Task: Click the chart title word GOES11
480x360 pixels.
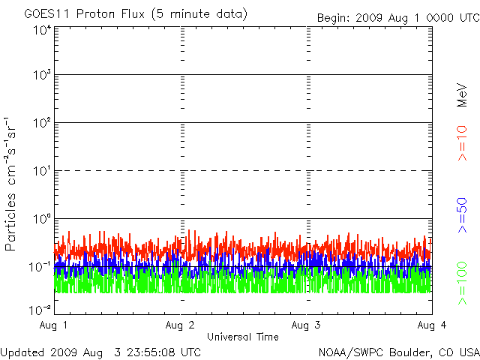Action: click(x=48, y=14)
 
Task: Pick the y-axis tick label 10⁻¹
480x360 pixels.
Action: click(x=40, y=267)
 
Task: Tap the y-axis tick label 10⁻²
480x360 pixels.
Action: click(x=40, y=310)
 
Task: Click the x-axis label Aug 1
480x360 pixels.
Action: click(x=53, y=325)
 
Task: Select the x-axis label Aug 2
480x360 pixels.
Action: click(x=180, y=325)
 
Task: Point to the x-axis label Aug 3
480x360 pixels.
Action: click(x=306, y=325)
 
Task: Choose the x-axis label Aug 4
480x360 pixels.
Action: click(x=432, y=325)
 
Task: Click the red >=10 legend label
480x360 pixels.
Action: click(x=462, y=143)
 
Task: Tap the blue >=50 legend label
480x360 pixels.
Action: click(x=462, y=215)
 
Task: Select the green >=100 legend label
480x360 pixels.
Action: click(x=462, y=283)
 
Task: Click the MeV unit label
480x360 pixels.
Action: click(x=462, y=95)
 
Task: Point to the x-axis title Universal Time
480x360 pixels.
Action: click(x=243, y=337)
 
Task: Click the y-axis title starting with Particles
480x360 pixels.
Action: click(x=10, y=184)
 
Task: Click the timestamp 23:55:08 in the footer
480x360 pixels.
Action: click(x=151, y=352)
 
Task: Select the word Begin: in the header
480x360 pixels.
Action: click(x=333, y=18)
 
